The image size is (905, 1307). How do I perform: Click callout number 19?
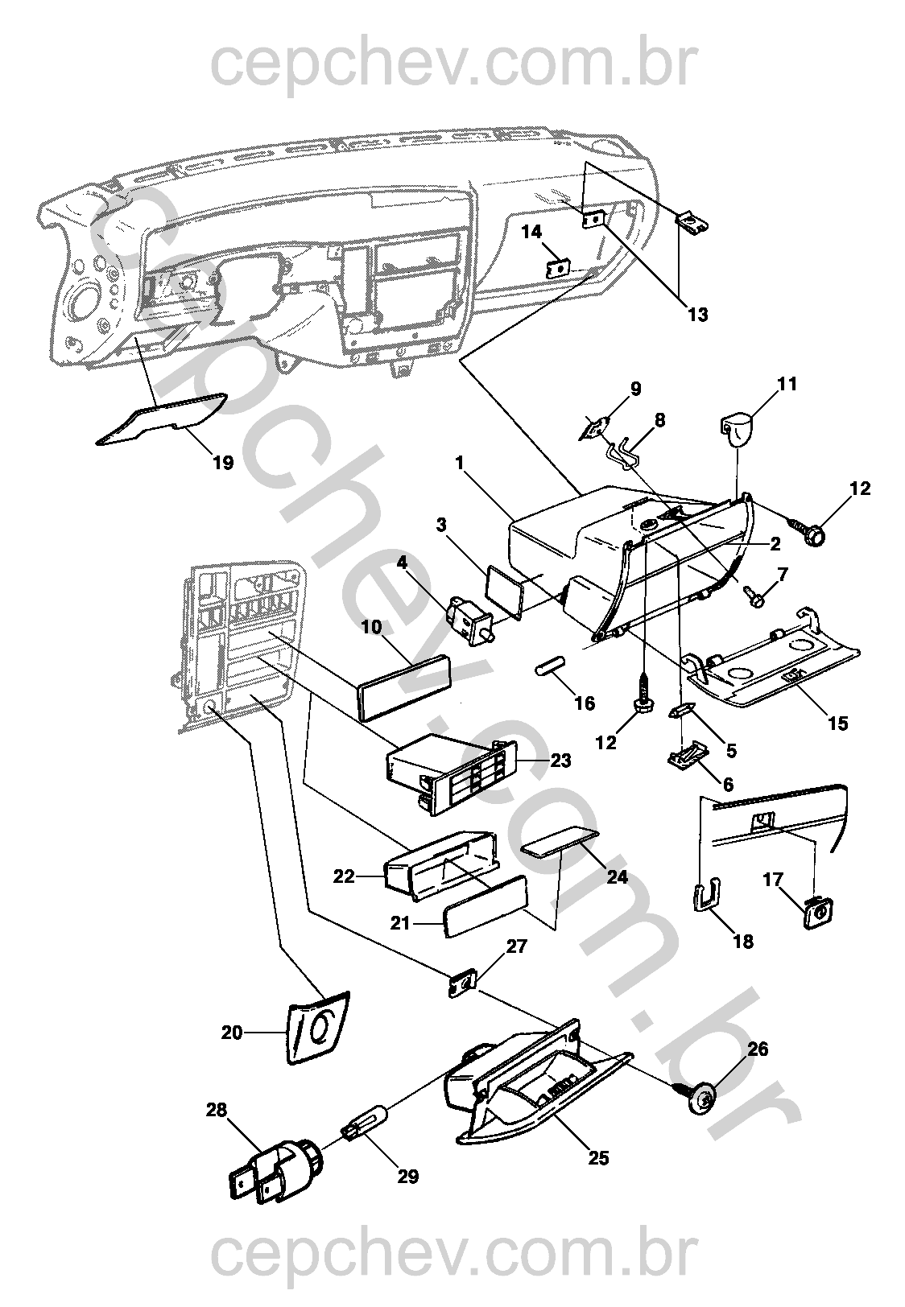(223, 463)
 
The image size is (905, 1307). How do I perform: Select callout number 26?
(757, 1049)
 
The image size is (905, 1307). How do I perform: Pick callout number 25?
(598, 1157)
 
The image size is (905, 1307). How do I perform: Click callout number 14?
(531, 233)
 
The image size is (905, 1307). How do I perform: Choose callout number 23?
(560, 760)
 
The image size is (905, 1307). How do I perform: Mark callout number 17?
(773, 880)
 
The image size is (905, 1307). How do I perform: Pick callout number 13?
(697, 314)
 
